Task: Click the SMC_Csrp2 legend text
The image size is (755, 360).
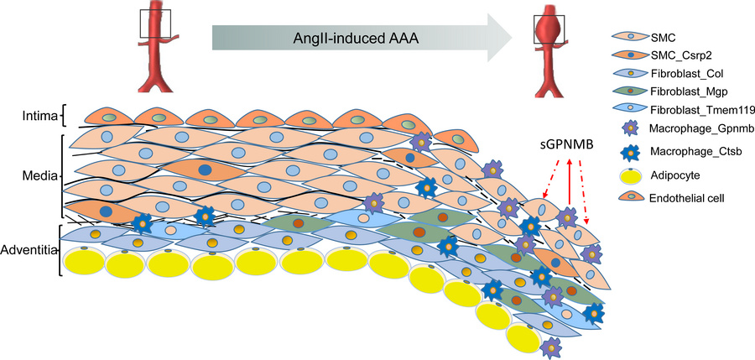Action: click(x=680, y=56)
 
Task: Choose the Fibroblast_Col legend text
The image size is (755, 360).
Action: click(x=689, y=72)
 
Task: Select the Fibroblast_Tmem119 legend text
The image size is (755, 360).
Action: click(x=698, y=109)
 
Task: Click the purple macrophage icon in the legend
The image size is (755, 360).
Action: click(x=628, y=129)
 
